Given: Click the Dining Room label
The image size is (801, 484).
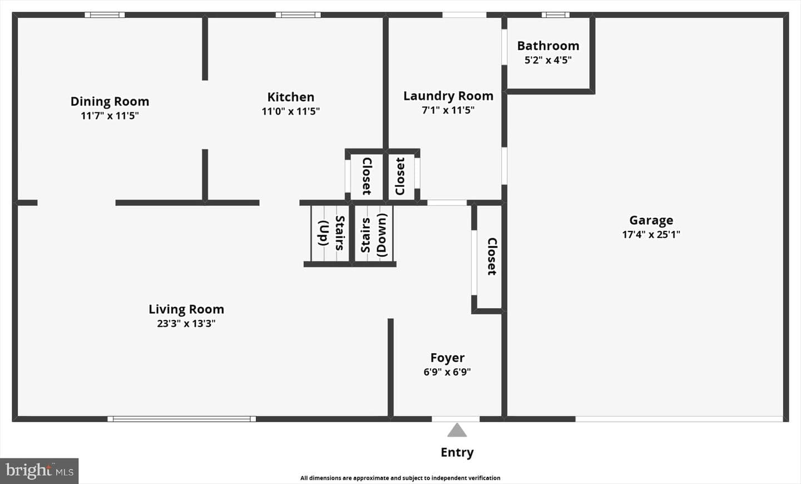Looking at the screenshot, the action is point(110,101).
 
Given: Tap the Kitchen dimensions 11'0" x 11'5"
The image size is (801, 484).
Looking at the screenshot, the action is point(291,111).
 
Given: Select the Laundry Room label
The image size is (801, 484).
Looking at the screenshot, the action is point(448,96).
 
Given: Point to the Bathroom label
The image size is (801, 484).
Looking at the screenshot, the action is point(548,46).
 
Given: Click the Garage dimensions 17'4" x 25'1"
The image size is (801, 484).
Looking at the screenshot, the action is point(651,234).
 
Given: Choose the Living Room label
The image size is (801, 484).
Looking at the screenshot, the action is point(186,309).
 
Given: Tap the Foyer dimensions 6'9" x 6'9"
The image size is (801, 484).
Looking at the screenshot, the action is point(447,372).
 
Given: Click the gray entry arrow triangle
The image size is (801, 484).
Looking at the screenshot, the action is point(457,431).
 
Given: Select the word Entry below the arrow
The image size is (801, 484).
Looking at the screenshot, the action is point(457,452).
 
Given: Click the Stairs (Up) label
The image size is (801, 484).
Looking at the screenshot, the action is point(332,233).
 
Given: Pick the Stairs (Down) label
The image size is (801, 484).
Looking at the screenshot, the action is point(374,235).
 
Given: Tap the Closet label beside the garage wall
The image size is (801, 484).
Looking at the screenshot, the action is point(492,256).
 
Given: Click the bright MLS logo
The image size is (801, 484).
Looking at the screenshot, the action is point(39,471).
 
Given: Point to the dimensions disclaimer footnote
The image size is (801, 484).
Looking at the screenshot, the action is point(400,478).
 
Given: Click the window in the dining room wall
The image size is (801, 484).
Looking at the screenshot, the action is point(105,15).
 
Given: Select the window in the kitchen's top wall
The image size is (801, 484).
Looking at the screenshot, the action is point(298,15).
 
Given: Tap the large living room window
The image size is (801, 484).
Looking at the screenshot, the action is point(182,419).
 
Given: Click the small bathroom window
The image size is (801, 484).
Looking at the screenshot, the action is point(555,15).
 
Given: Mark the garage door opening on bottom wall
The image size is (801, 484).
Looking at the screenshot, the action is point(679,419).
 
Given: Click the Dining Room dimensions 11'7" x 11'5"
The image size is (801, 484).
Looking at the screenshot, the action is point(110,116).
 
